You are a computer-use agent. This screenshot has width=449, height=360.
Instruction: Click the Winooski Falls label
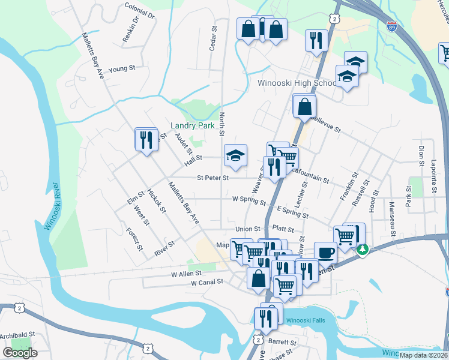[304, 320]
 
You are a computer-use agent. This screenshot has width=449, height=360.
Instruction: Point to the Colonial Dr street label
[140, 10]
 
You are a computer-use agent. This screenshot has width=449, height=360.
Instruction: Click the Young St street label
[122, 68]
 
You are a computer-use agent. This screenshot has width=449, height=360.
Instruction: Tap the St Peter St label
[213, 178]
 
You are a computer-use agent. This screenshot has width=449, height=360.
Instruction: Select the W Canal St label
[207, 281]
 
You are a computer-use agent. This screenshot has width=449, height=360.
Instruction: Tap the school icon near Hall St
[236, 156]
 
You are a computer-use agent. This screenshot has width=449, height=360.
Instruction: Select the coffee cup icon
[325, 252]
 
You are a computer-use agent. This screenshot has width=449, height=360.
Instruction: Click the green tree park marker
[362, 250]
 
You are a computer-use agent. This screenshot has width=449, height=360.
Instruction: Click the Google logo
[20, 353]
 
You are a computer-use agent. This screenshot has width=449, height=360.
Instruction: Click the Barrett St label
[279, 341]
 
